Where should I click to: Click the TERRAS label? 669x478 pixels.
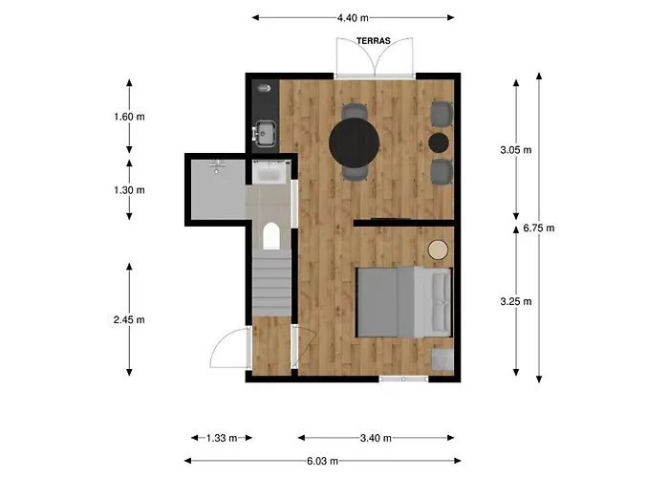click(x=374, y=41)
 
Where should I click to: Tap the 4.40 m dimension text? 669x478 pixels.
click(x=353, y=18)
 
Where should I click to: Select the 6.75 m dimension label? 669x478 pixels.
click(x=539, y=228)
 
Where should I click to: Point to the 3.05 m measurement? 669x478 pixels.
click(x=516, y=150)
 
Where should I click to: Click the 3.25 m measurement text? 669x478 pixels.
click(x=516, y=302)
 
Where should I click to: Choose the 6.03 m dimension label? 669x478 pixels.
click(x=323, y=461)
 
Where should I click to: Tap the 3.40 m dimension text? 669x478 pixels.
click(x=376, y=438)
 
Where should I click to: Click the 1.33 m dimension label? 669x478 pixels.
click(x=222, y=438)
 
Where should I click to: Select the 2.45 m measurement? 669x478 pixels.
click(x=129, y=319)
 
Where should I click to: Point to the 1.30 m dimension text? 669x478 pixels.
click(x=129, y=190)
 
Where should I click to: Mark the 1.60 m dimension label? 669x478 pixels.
click(x=129, y=117)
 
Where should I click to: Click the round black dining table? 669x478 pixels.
click(x=355, y=142)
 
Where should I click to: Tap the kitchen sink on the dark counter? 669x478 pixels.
click(x=265, y=133)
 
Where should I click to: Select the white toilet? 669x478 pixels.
click(x=270, y=236)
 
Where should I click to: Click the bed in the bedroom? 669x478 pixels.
click(x=404, y=302)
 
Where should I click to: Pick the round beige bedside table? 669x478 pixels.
click(x=438, y=250)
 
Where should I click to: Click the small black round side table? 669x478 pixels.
click(x=439, y=143)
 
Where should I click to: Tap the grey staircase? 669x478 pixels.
click(x=271, y=283)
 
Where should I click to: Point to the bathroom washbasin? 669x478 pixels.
click(x=270, y=172)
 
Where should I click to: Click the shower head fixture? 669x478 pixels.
click(x=217, y=165)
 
